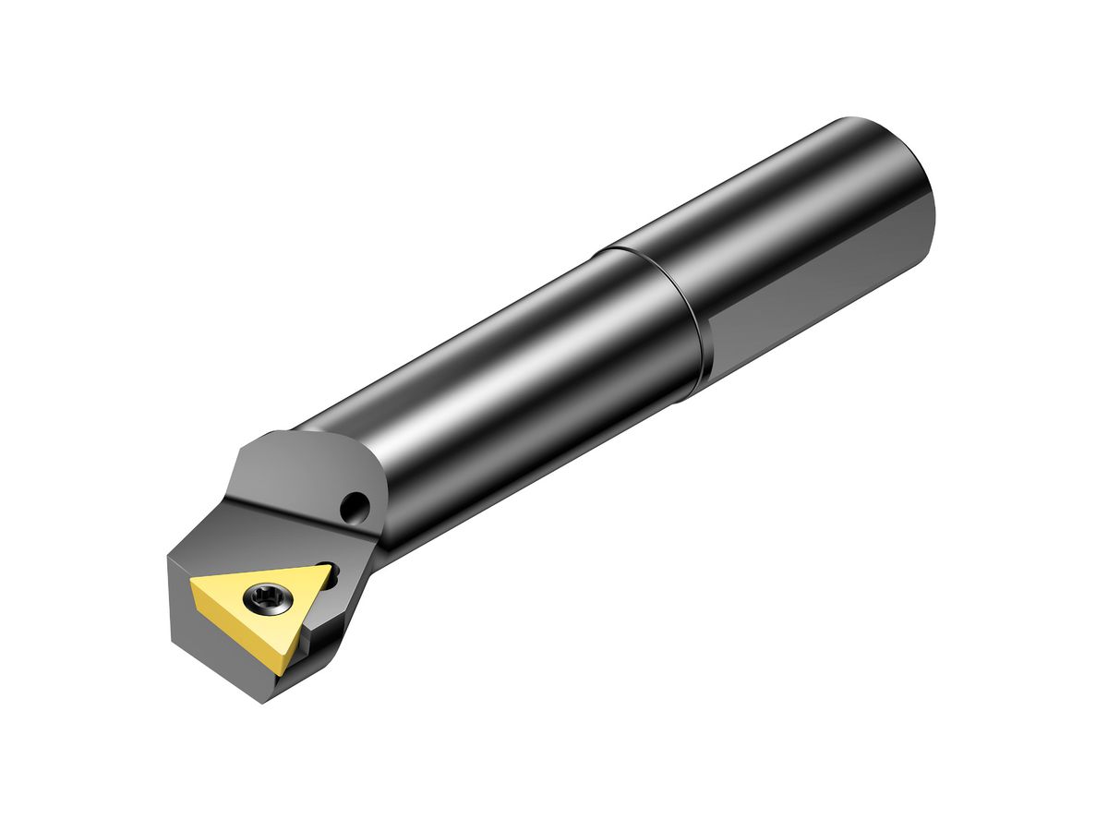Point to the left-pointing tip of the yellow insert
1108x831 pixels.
pyautogui.click(x=192, y=583)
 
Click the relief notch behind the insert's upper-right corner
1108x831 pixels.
pyautogui.click(x=336, y=576)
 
